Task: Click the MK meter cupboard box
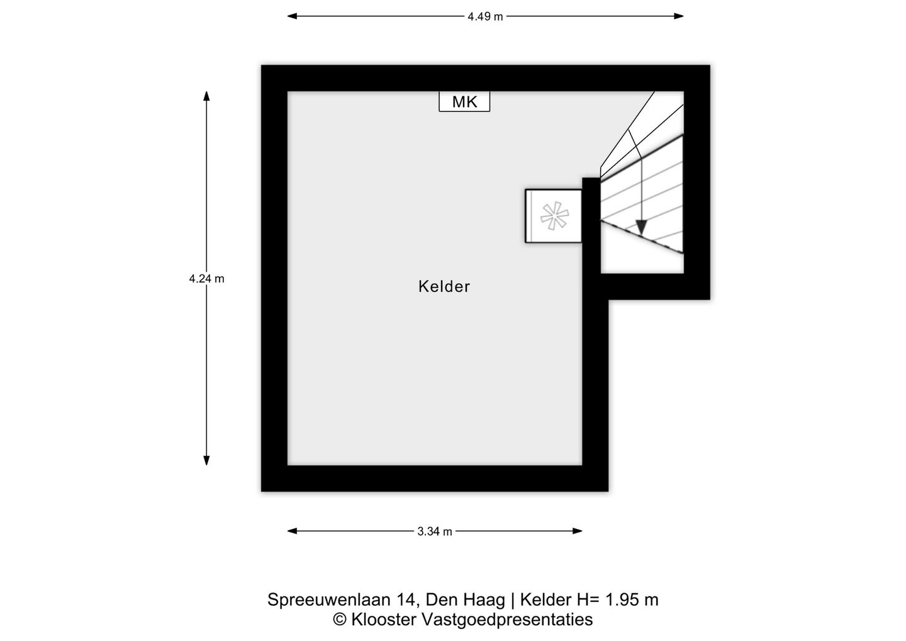click(x=464, y=101)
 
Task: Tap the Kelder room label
click(x=444, y=286)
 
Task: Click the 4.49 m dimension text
click(x=485, y=16)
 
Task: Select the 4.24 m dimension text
click(x=206, y=279)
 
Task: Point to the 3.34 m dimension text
click(x=435, y=531)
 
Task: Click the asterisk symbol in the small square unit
click(x=554, y=216)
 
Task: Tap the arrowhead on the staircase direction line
click(x=640, y=227)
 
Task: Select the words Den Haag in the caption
click(x=465, y=599)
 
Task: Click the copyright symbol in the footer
click(x=340, y=620)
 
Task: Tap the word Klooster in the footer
click(x=384, y=620)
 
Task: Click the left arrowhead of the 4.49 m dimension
click(x=292, y=16)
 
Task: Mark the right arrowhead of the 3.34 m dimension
click(x=578, y=531)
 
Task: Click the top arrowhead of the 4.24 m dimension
click(x=206, y=96)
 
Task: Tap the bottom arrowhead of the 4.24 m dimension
click(x=206, y=460)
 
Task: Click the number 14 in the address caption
click(x=405, y=599)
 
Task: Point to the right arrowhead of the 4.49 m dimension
click(x=679, y=16)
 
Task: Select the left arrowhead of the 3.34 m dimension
click(x=292, y=531)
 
